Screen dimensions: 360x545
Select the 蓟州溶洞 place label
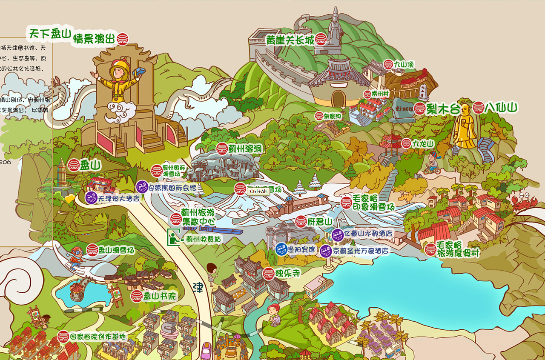244,149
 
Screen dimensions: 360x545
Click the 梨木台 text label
444,109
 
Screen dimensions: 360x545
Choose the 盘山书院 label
159,296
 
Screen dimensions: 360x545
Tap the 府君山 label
319,221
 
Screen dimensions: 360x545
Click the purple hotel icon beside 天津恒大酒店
91,197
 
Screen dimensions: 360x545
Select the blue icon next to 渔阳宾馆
281,249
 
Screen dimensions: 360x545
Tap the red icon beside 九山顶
388,65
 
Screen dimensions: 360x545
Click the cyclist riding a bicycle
432,164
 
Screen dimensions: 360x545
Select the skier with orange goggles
76,257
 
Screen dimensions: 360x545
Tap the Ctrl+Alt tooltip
258,191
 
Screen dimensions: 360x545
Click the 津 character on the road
198,288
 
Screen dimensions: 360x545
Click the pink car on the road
206,351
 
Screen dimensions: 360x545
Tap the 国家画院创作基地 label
98,337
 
